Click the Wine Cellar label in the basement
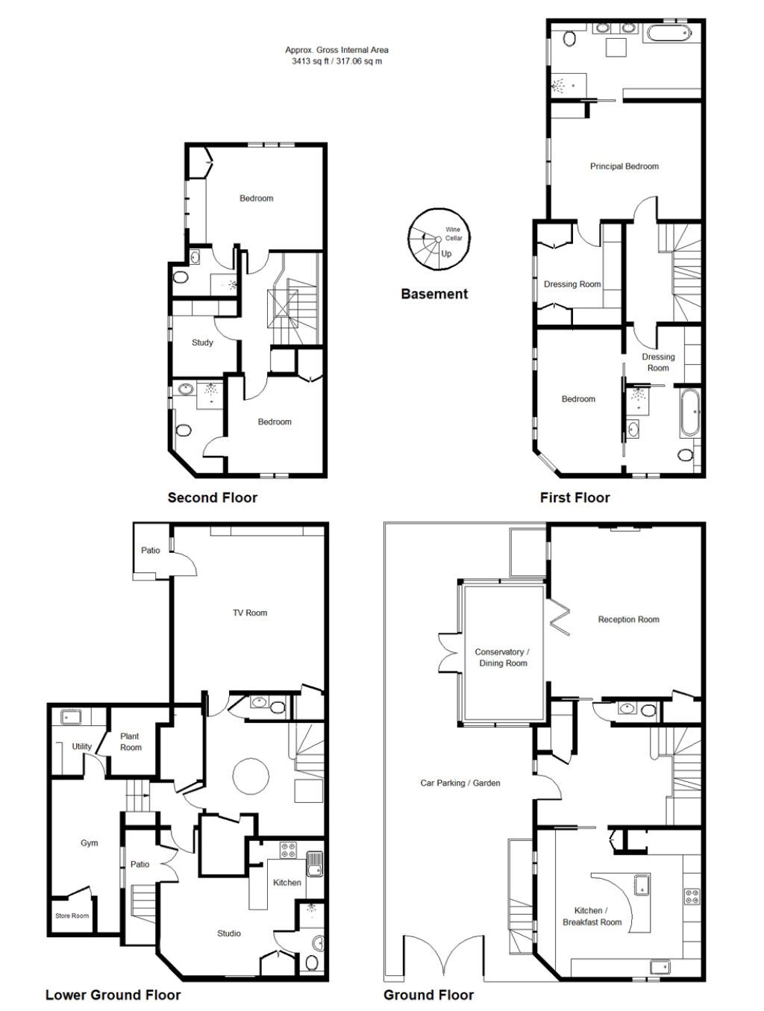(x=453, y=234)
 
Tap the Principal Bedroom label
(x=624, y=166)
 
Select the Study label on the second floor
(x=203, y=342)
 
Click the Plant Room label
(x=131, y=742)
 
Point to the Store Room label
(x=72, y=915)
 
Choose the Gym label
(x=90, y=843)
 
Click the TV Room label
(x=250, y=613)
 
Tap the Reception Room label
(x=629, y=619)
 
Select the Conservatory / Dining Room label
(x=502, y=657)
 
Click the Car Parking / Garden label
(x=460, y=783)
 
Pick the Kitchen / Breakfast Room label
(x=592, y=916)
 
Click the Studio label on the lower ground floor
(x=229, y=933)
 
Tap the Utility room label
(x=81, y=746)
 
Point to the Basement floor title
(x=434, y=294)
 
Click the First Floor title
(x=574, y=498)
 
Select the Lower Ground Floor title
(x=113, y=995)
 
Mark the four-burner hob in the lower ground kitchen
(x=288, y=851)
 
